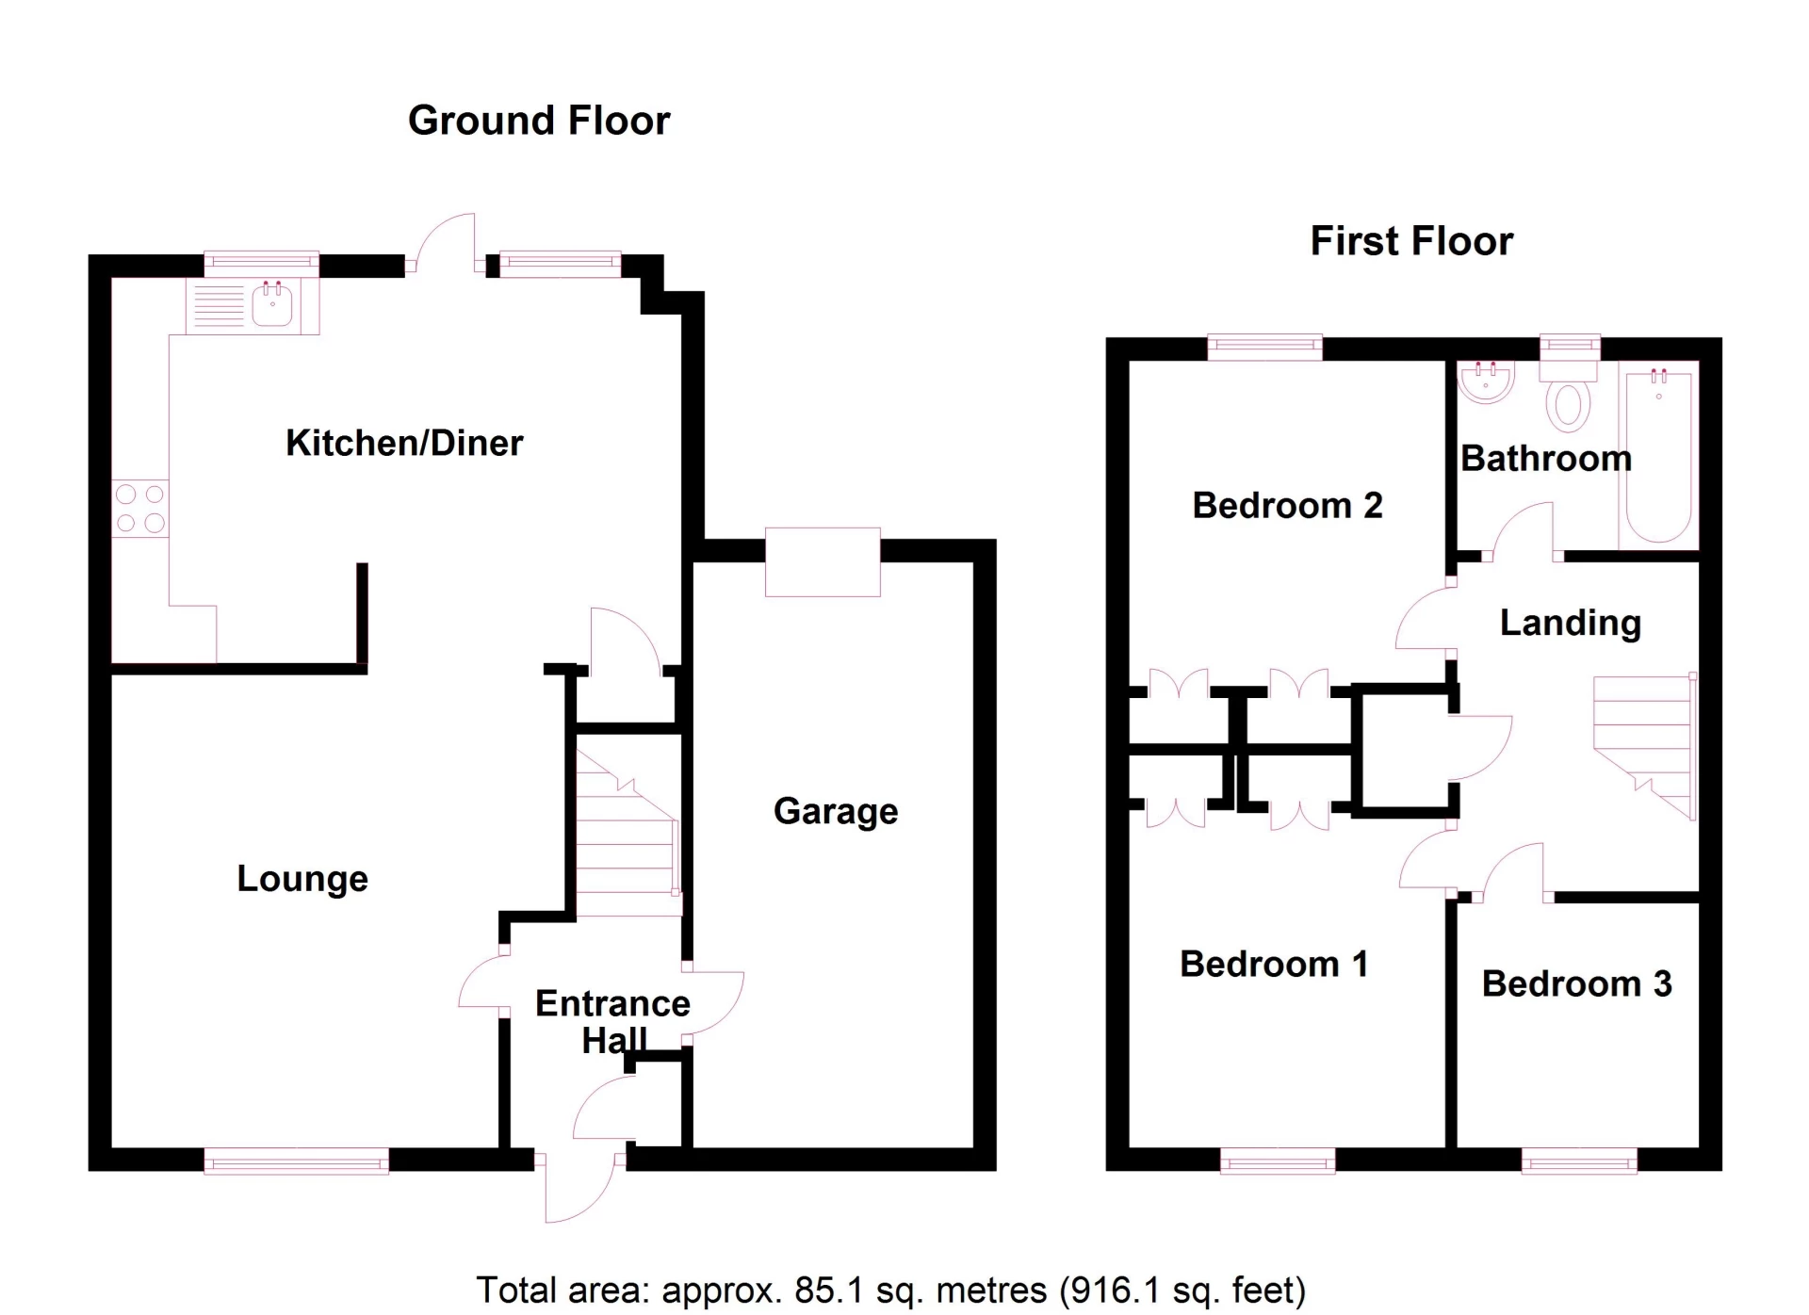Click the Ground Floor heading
[538, 121]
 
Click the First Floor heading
[1410, 241]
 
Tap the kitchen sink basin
[272, 304]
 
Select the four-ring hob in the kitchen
[139, 509]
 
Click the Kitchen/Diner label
[404, 443]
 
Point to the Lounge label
[301, 878]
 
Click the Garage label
[836, 811]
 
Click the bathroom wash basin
[1486, 382]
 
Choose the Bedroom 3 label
[1576, 983]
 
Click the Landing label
[1570, 623]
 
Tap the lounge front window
[296, 1161]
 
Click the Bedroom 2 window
[1263, 348]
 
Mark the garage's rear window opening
[823, 562]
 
